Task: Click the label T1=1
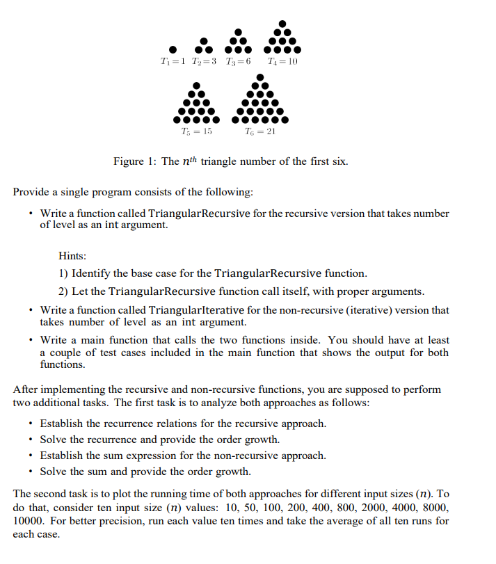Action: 171,62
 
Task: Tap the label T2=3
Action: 202,62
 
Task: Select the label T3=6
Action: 237,62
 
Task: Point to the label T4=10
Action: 282,62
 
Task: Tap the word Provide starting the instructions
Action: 32,191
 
